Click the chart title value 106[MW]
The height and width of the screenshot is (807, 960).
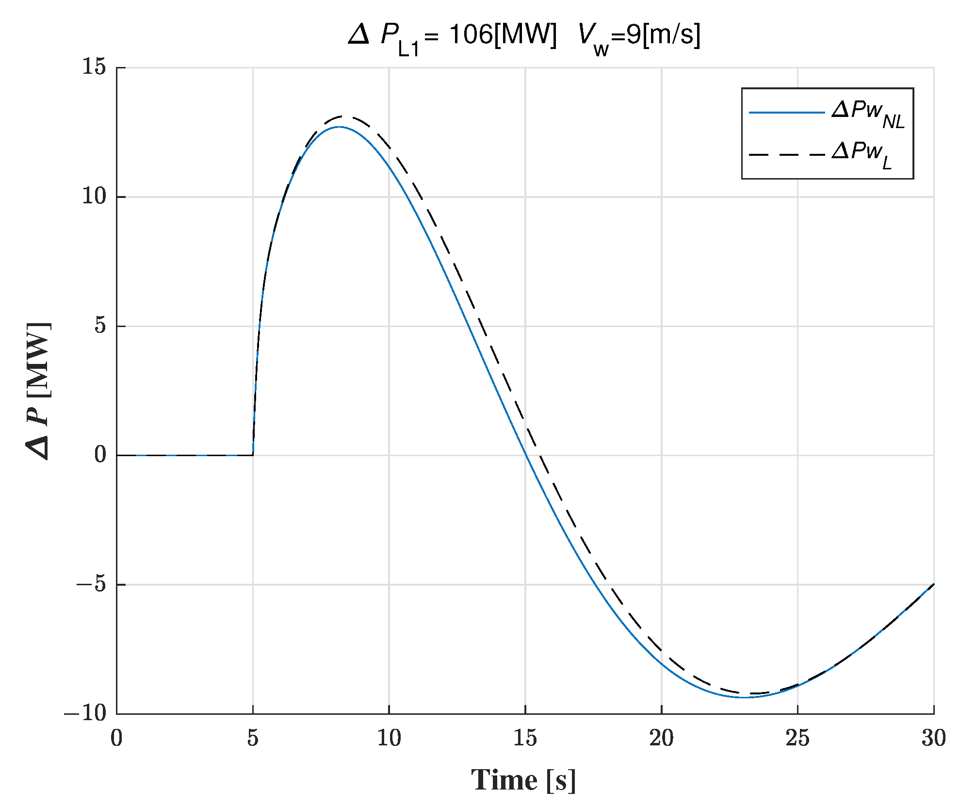point(503,35)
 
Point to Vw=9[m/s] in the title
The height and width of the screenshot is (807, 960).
point(639,37)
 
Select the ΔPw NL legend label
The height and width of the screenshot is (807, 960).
point(868,114)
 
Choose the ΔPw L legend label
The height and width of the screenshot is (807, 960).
point(862,154)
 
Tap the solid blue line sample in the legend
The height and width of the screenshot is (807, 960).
point(786,113)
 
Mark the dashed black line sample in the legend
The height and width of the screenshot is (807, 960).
point(786,155)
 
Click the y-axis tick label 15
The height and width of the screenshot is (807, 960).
point(94,67)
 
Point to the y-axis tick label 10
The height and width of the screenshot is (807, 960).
point(94,197)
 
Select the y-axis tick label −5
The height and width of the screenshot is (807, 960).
point(91,584)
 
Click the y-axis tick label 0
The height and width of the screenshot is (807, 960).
point(100,455)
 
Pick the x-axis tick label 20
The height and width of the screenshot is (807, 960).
point(661,739)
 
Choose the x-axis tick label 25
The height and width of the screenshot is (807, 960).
point(797,739)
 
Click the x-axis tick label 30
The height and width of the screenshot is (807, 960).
point(934,739)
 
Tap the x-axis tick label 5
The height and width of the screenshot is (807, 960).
point(253,739)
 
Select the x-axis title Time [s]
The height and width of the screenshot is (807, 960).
point(524,780)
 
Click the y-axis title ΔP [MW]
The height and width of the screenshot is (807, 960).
point(39,391)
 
